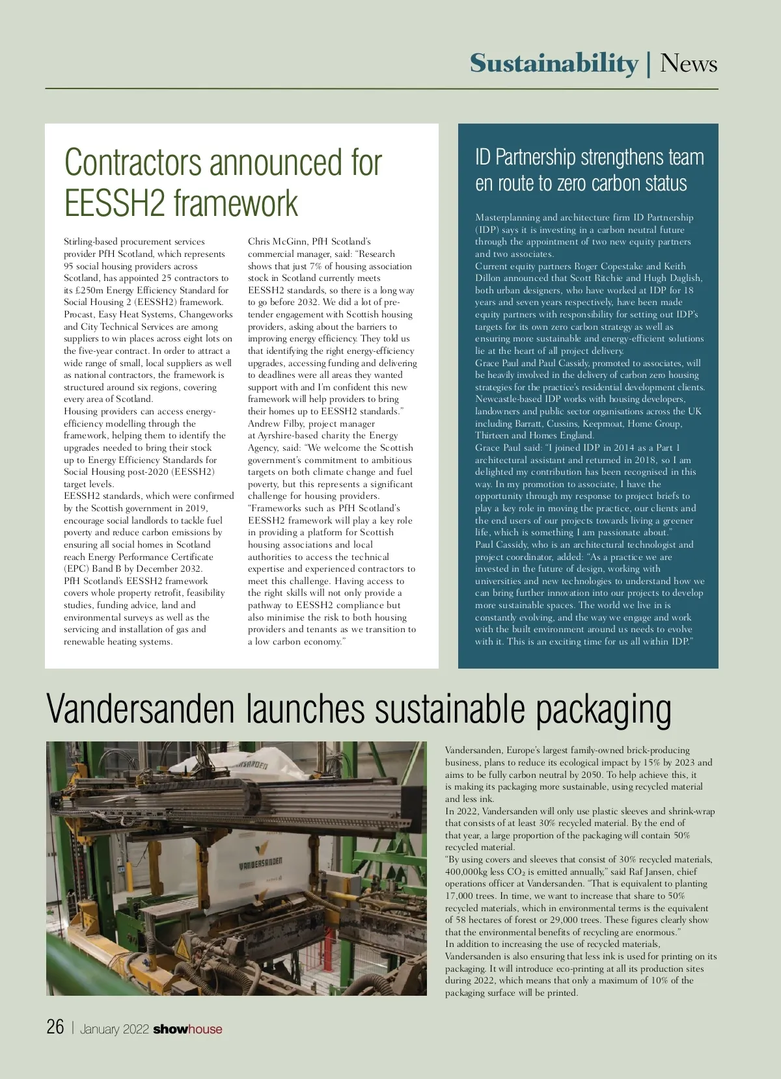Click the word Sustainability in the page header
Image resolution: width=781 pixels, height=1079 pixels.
pyautogui.click(x=554, y=64)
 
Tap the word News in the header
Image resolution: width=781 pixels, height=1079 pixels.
pyautogui.click(x=689, y=64)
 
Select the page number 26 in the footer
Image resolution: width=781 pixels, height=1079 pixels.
pyautogui.click(x=55, y=1027)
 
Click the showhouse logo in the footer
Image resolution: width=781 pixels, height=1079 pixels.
pyautogui.click(x=187, y=1029)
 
